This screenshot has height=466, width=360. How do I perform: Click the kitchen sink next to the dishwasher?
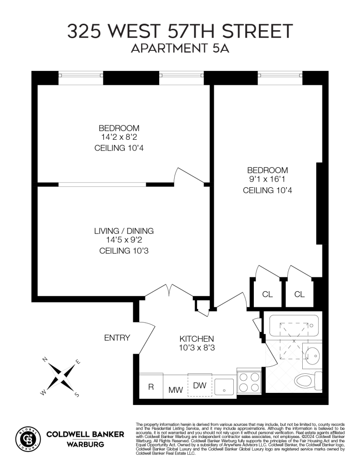click(224, 385)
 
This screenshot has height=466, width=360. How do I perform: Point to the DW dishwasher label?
click(199, 385)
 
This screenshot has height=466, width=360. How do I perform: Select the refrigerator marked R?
click(151, 387)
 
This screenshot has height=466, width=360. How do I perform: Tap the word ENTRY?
click(117, 338)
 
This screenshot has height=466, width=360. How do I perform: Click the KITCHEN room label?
click(197, 339)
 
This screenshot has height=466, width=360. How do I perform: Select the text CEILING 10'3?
click(123, 251)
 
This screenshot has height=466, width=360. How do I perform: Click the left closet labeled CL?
click(267, 295)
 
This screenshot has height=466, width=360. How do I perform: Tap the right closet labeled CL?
click(299, 295)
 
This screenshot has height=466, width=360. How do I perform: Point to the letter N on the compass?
click(45, 359)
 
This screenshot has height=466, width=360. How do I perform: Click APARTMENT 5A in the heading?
click(180, 48)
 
